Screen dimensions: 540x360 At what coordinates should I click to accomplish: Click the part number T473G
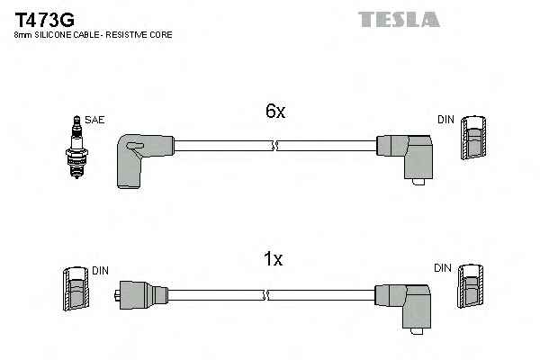pyautogui.click(x=44, y=20)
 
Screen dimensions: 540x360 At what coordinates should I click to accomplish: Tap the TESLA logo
pyautogui.click(x=399, y=19)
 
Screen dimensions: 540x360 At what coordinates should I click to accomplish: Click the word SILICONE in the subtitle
pyautogui.click(x=53, y=35)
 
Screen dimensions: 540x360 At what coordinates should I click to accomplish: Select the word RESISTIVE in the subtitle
pyautogui.click(x=125, y=35)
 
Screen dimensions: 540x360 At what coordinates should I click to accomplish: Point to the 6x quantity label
pyautogui.click(x=275, y=111)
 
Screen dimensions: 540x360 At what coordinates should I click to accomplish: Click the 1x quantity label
pyautogui.click(x=273, y=258)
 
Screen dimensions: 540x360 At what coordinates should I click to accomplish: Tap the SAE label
pyautogui.click(x=94, y=120)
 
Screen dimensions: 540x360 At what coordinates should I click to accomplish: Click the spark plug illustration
pyautogui.click(x=76, y=147)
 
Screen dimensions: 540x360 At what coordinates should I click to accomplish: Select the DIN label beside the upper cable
pyautogui.click(x=445, y=120)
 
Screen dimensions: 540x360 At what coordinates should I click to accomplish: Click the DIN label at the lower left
pyautogui.click(x=100, y=271)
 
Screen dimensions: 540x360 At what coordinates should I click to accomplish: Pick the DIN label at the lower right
pyautogui.click(x=443, y=268)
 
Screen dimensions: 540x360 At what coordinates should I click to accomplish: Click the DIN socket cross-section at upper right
pyautogui.click(x=474, y=138)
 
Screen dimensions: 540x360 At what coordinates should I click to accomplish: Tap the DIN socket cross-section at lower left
pyautogui.click(x=76, y=288)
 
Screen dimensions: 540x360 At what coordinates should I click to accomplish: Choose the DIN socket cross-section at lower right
pyautogui.click(x=471, y=286)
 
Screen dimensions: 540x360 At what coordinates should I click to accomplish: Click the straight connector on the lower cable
pyautogui.click(x=141, y=295)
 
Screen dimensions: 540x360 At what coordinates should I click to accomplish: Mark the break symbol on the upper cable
pyautogui.click(x=274, y=146)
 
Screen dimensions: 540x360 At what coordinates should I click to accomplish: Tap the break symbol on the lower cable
pyautogui.click(x=265, y=295)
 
